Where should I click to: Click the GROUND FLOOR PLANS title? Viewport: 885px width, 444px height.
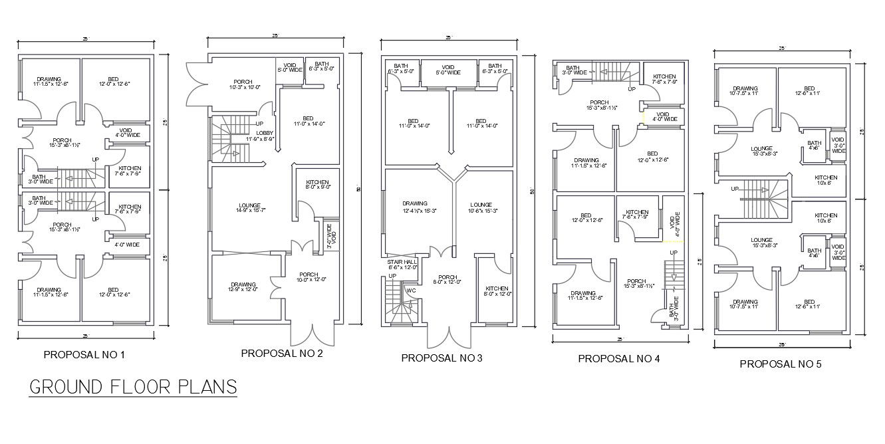point(133,387)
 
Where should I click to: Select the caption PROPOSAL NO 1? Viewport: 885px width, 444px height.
point(84,355)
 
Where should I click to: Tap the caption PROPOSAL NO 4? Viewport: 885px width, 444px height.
point(619,359)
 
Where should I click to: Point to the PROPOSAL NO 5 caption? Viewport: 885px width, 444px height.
point(781,364)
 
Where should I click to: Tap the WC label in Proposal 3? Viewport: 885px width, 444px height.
point(411,290)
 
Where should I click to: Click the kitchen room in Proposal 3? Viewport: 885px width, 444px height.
point(496,291)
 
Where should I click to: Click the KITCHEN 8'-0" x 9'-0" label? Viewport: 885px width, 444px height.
point(317,185)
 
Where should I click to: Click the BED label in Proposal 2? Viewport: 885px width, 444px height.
point(307,120)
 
